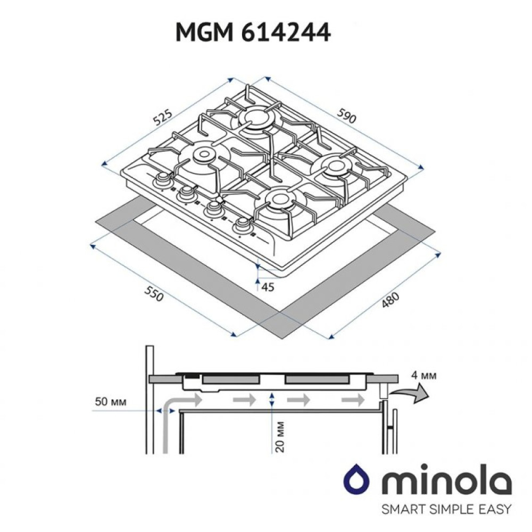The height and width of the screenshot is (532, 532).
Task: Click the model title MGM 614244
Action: pyautogui.click(x=253, y=33)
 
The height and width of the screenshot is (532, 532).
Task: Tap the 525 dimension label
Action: pyautogui.click(x=163, y=117)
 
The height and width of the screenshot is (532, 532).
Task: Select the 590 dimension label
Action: pyautogui.click(x=346, y=115)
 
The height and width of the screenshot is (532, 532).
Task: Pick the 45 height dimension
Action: pyautogui.click(x=268, y=287)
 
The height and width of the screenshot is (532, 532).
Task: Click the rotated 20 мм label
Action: pyautogui.click(x=279, y=437)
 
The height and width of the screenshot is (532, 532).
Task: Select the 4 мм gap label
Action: pyautogui.click(x=423, y=376)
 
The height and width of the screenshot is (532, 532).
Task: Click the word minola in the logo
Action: pyautogui.click(x=446, y=478)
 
